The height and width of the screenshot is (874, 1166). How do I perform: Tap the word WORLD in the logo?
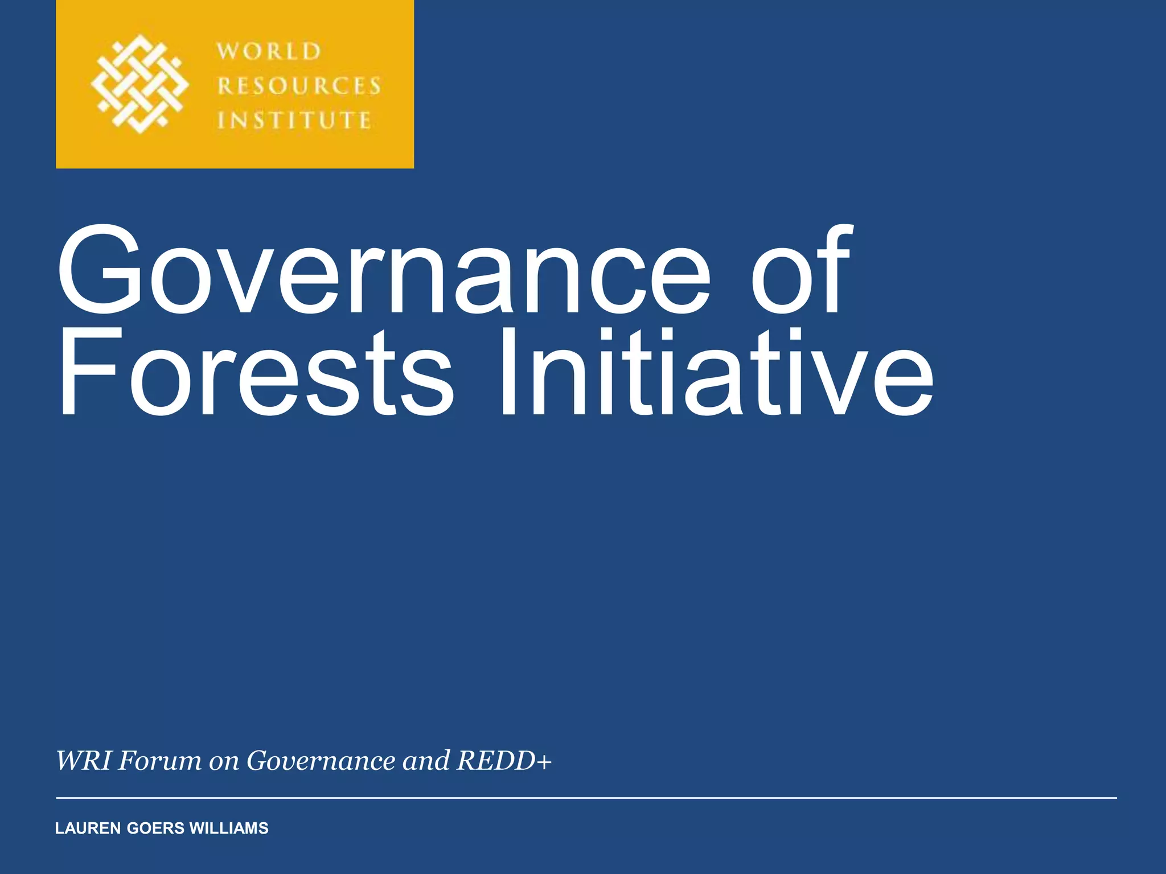[269, 51]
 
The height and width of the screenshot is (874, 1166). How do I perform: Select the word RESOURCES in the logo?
[299, 86]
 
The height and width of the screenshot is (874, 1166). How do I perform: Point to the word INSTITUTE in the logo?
[294, 121]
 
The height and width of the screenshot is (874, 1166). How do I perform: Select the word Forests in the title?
[256, 373]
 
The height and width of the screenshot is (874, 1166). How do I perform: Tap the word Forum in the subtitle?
[159, 761]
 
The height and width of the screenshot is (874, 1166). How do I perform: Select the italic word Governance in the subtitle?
[321, 761]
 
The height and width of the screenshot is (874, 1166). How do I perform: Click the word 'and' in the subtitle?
[426, 761]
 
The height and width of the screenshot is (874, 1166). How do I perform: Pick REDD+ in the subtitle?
[504, 761]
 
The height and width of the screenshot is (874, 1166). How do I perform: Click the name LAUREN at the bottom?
[88, 828]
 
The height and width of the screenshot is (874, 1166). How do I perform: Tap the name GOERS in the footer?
[155, 828]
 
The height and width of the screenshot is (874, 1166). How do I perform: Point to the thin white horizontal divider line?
[586, 798]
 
